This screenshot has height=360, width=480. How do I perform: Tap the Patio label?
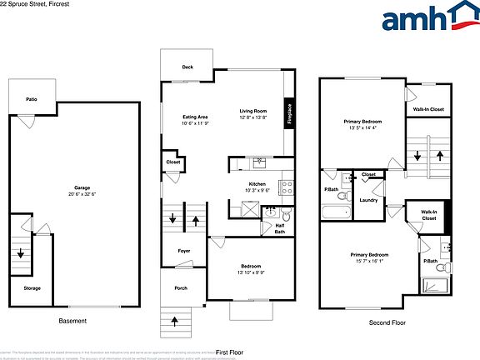pyautogui.click(x=31, y=97)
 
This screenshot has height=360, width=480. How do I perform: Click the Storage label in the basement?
pyautogui.click(x=32, y=288)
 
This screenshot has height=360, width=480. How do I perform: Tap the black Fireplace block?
pyautogui.click(x=289, y=114)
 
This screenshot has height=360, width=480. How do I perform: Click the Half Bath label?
pyautogui.click(x=280, y=229)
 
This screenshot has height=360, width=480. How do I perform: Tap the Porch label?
pyautogui.click(x=181, y=289)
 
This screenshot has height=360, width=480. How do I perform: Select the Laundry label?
pyautogui.click(x=368, y=201)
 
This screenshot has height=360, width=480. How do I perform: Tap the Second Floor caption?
pyautogui.click(x=386, y=322)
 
